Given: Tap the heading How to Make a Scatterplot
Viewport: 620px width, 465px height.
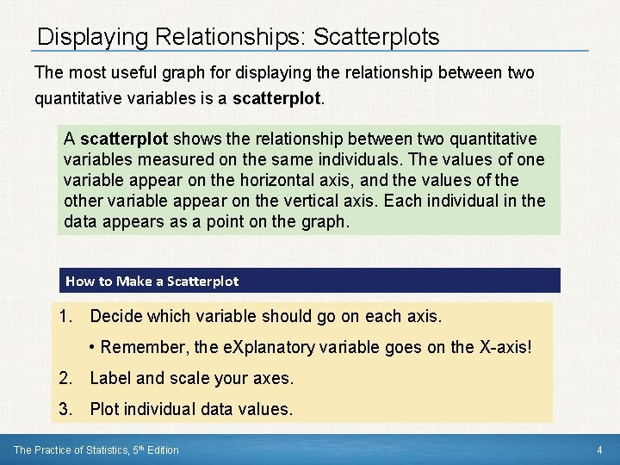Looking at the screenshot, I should pyautogui.click(x=152, y=281).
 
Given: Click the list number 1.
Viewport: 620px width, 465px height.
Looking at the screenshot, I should pyautogui.click(x=65, y=317).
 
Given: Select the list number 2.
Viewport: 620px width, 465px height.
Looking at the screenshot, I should pyautogui.click(x=65, y=378).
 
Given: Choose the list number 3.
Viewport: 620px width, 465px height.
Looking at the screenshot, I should pyautogui.click(x=65, y=409).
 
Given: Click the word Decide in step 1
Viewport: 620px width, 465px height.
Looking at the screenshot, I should pyautogui.click(x=116, y=317).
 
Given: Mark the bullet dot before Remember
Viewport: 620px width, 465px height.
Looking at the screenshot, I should pyautogui.click(x=92, y=348).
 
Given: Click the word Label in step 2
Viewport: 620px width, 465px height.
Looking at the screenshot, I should pyautogui.click(x=109, y=378).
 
